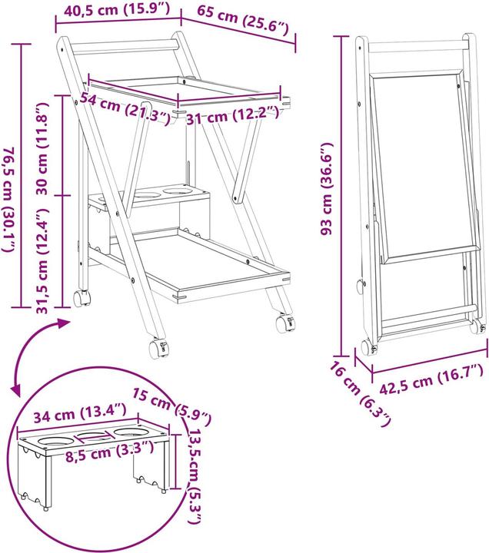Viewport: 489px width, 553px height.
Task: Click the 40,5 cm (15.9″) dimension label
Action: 117,9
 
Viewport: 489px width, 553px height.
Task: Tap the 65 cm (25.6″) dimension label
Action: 243,22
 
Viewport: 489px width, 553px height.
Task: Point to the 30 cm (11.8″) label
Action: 42,148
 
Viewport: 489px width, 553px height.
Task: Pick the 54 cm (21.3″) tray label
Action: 125,108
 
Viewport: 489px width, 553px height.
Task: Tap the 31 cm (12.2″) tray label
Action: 232,115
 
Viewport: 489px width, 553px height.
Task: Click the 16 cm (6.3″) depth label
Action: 360,394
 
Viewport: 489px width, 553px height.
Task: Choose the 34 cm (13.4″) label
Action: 80,412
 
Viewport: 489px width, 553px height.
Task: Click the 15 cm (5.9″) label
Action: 172,406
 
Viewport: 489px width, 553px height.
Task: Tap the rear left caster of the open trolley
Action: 82,298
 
